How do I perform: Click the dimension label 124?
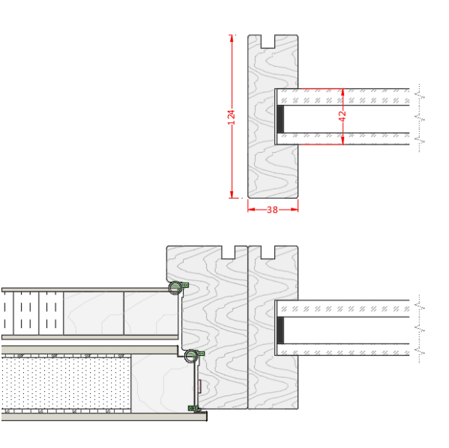[x=232, y=117]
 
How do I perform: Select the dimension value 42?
[x=343, y=116]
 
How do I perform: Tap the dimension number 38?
[x=272, y=210]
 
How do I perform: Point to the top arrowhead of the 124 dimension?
[x=232, y=38]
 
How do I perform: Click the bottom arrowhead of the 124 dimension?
[x=232, y=194]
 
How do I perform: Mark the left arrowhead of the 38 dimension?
[x=251, y=210]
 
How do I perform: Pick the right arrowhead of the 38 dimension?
[x=295, y=210]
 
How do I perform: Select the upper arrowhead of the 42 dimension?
[x=343, y=92]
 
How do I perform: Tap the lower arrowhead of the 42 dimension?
[x=343, y=141]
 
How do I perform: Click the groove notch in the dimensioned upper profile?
[x=268, y=41]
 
